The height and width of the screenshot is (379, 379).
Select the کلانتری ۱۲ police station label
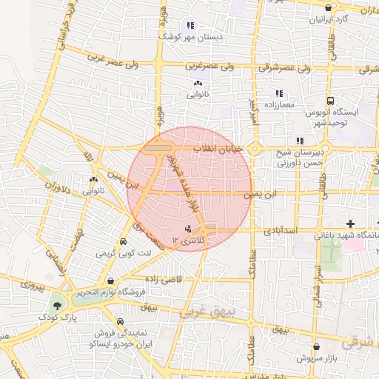tap(187, 240)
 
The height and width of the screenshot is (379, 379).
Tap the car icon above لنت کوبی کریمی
tap(122, 242)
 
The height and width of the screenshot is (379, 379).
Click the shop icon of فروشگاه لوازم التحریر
tap(110, 281)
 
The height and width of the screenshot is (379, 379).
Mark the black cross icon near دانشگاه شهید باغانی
tap(350, 224)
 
